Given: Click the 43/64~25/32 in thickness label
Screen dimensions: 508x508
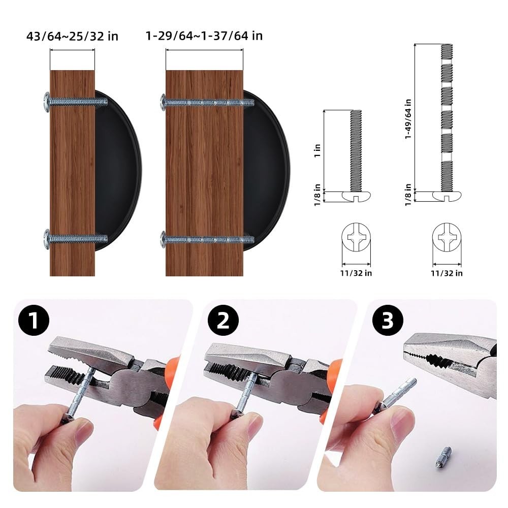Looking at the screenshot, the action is [72, 36].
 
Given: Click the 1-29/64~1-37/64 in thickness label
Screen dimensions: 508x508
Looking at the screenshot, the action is [204, 36].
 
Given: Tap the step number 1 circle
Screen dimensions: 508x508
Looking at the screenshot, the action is [34, 320].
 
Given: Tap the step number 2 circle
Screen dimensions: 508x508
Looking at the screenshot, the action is [223, 320].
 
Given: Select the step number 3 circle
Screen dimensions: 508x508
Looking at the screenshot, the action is [388, 320].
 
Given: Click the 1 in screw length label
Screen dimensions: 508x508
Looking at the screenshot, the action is [317, 151].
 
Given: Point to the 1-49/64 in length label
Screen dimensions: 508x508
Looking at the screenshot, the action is [408, 119].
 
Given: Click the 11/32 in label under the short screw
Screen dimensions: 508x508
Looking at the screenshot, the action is [356, 273].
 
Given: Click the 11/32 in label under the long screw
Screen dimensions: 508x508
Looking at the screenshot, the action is [447, 273].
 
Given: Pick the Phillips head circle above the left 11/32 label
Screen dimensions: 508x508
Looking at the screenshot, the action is [356, 237].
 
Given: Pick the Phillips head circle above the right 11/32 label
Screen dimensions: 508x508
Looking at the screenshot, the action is [447, 237].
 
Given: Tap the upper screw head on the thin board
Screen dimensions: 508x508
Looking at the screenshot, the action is [47, 103].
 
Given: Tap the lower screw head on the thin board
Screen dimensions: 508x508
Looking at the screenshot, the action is [47, 239].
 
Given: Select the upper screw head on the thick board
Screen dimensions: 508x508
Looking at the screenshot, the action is [163, 103].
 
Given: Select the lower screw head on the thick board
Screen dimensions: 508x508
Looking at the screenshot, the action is [163, 240].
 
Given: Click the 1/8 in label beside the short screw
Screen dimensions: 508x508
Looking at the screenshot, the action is [317, 195].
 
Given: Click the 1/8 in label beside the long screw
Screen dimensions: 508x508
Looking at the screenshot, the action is [408, 195].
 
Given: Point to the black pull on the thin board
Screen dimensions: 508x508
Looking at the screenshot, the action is [118, 171].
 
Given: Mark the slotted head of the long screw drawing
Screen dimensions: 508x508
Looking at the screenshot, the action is [447, 196].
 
